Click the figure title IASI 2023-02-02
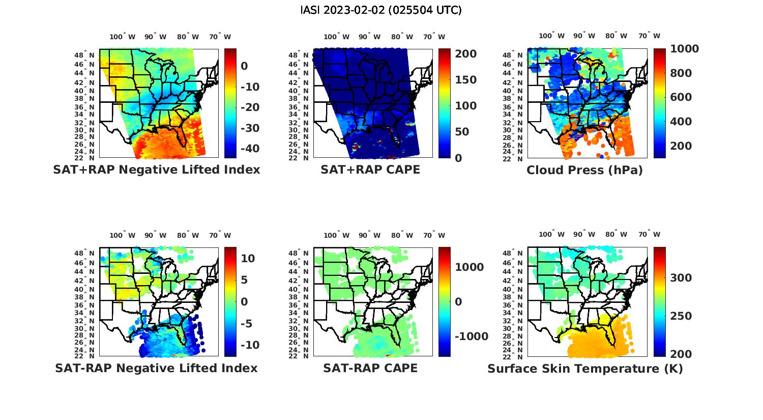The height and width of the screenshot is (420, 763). click(x=381, y=10)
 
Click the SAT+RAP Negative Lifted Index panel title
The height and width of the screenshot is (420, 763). click(x=156, y=170)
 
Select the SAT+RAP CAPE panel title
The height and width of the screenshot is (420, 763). click(x=370, y=170)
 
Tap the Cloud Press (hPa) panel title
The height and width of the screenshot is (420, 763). click(x=584, y=170)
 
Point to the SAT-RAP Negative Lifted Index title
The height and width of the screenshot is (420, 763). click(x=156, y=368)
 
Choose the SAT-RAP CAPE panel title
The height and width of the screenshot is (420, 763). click(x=370, y=368)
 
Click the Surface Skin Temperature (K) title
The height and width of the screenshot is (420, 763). click(x=585, y=368)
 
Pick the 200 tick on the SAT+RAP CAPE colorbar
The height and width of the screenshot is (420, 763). click(x=465, y=54)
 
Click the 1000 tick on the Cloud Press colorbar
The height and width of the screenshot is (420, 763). click(x=684, y=49)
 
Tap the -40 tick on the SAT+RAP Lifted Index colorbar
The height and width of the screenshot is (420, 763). click(x=250, y=148)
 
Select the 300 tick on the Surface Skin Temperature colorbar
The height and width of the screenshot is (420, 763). click(x=681, y=277)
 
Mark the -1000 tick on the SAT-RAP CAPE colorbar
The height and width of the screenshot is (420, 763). click(x=471, y=337)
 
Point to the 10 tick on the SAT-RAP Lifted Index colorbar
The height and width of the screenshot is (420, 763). click(x=248, y=258)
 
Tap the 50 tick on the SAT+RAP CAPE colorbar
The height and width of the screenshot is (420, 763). click(x=462, y=132)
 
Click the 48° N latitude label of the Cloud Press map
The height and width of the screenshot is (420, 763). click(x=513, y=55)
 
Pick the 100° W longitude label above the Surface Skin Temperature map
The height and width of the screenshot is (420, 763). click(x=551, y=235)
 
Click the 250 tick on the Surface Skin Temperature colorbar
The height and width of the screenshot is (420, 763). click(x=681, y=316)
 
